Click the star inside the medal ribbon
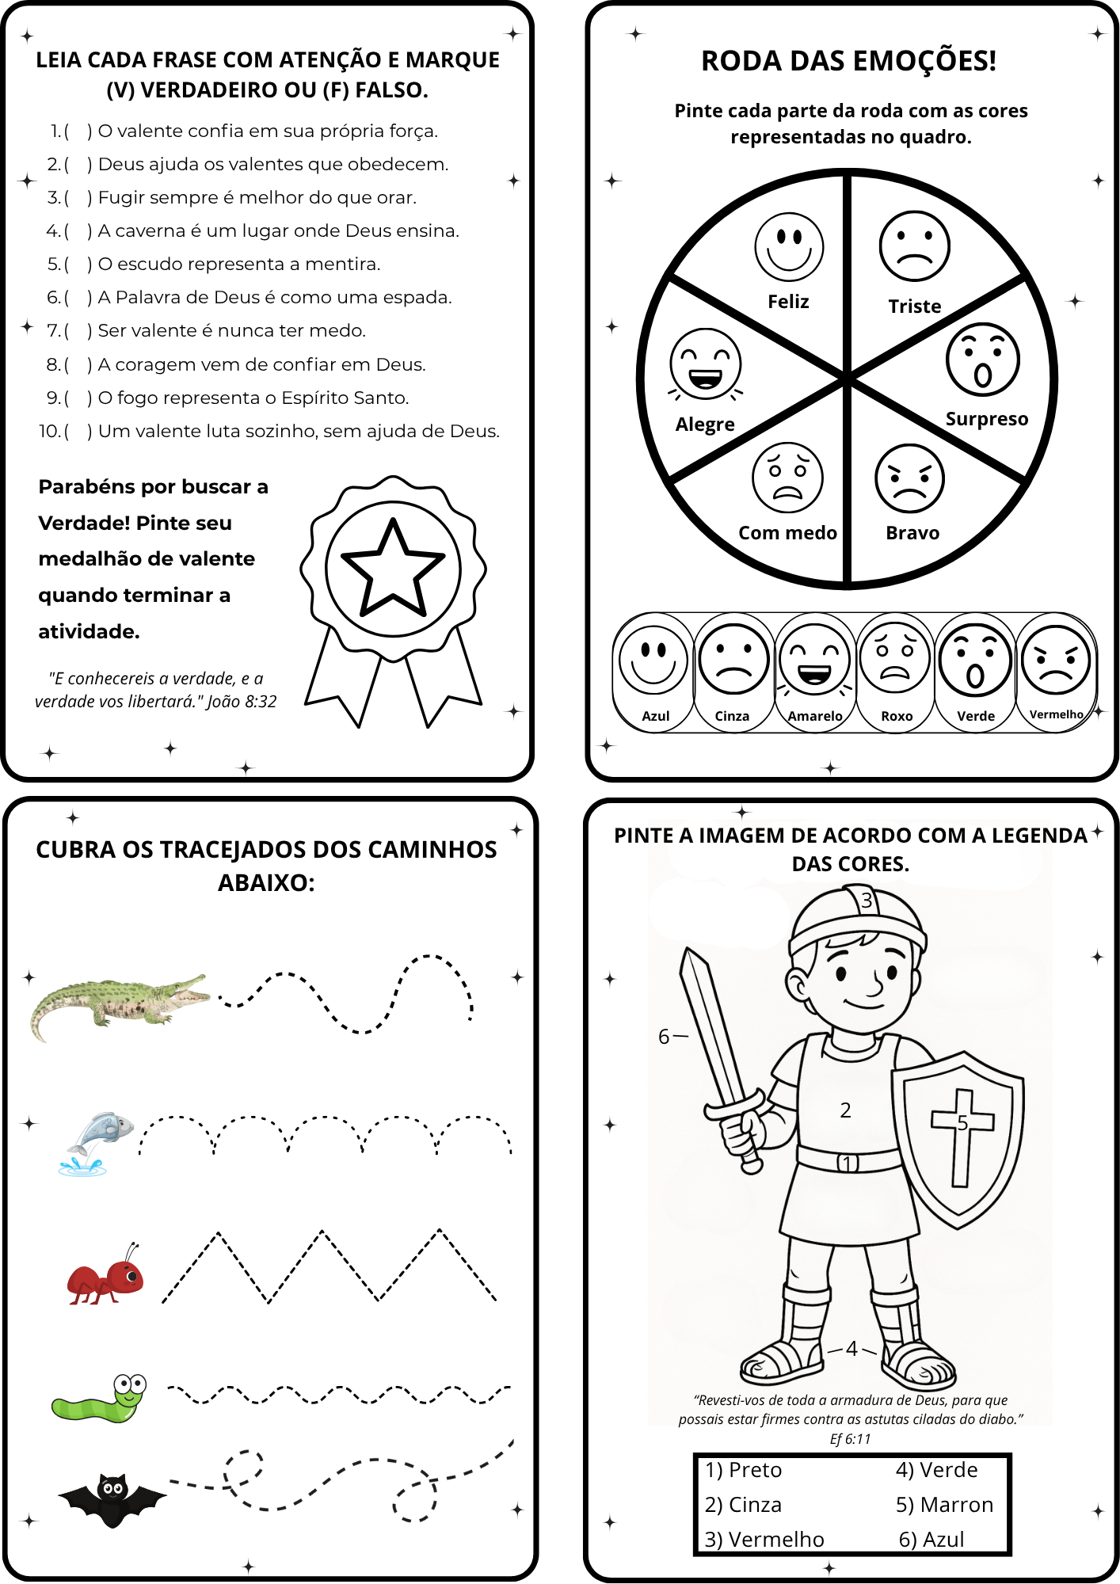393,569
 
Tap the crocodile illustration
119,1001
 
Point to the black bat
112,1497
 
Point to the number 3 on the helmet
867,901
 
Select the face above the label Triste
914,246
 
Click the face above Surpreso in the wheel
982,360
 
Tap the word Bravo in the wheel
912,533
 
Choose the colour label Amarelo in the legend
815,716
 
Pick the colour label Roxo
897,716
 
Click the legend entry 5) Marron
944,1505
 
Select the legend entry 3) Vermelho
764,1539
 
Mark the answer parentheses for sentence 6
78,298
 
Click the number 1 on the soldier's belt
848,1163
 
